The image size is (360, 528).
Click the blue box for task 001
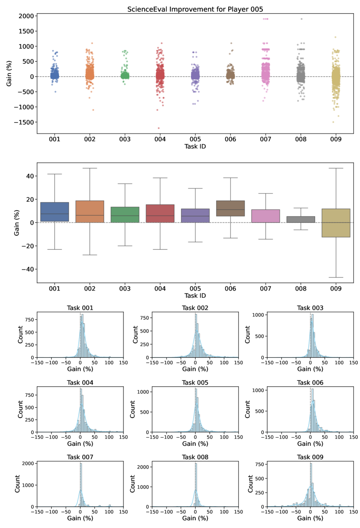[54, 212]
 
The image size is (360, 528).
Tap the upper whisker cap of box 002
[90, 168]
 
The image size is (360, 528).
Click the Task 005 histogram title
[195, 383]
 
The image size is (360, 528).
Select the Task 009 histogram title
[311, 458]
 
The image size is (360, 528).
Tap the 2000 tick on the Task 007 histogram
[27, 464]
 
